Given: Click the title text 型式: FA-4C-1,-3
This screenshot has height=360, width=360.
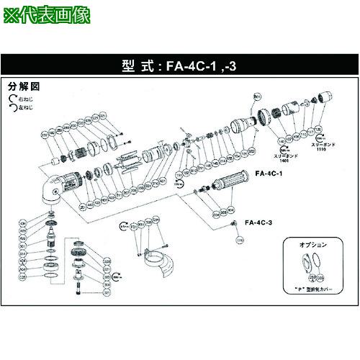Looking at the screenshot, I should pyautogui.click(x=179, y=64).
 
